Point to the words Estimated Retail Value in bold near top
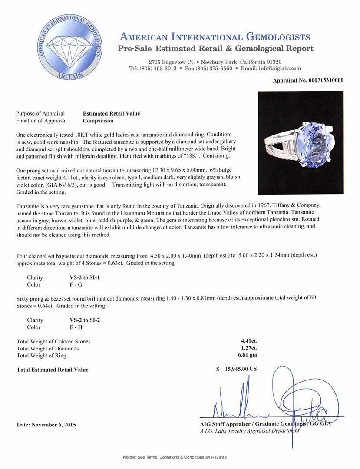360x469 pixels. pos(111,113)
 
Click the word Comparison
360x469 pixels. pos(98,121)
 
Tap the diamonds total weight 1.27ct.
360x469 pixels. pos(249,348)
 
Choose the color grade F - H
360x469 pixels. pos(70,327)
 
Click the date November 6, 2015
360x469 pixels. pos(46,425)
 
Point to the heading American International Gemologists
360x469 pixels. pos(215,36)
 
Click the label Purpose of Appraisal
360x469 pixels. pos(40,113)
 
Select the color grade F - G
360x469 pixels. pos(70,284)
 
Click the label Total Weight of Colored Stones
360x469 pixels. pos(53,341)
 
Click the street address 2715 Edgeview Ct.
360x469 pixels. pos(171,62)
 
